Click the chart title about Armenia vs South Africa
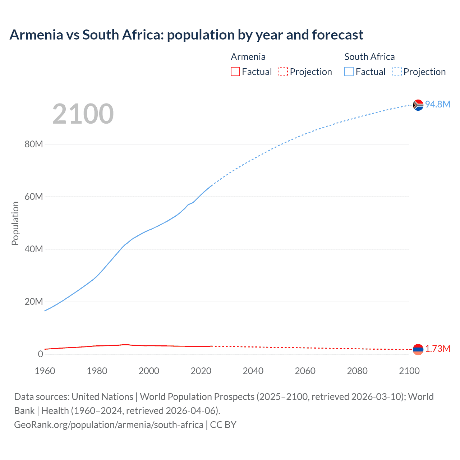[186, 35]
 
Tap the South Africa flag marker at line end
[418, 105]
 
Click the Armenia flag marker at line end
[418, 349]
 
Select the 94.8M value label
[438, 104]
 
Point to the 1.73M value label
[438, 349]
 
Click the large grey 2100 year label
[83, 114]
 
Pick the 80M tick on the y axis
[34, 144]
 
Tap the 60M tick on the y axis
[34, 197]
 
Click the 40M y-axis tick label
[34, 249]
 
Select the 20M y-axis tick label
[34, 302]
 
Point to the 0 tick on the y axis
[40, 354]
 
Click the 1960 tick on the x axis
[45, 371]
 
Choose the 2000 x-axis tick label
[149, 371]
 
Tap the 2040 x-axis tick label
[253, 371]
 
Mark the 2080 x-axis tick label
[357, 371]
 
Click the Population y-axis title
[15, 223]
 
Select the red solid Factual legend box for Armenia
[235, 72]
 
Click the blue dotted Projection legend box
[397, 72]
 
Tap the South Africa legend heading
[369, 57]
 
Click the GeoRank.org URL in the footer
[109, 425]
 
